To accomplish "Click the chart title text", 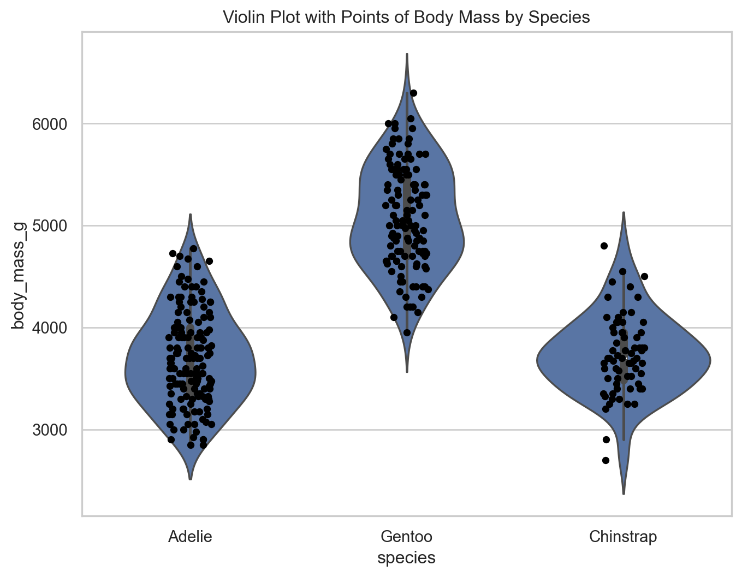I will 406,17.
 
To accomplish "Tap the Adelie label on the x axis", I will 190,537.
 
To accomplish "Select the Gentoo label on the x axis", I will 406,537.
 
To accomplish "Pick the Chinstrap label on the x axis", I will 623,537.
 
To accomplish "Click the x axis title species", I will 406,558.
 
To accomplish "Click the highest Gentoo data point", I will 413,93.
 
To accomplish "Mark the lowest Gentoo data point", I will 407,332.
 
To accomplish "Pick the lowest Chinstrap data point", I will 606,460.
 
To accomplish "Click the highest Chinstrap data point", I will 604,246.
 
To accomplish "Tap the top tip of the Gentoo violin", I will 407,54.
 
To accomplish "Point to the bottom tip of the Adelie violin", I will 190,479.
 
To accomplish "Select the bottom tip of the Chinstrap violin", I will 623,493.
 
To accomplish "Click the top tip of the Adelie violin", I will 190,215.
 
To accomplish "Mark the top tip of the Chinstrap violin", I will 623,213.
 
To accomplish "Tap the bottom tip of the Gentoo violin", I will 407,372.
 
